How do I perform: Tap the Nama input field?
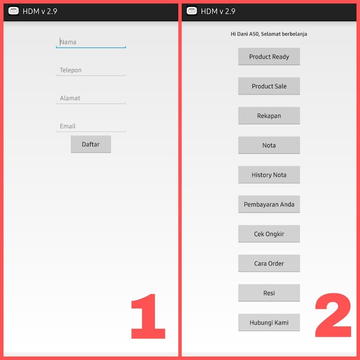[x=91, y=42]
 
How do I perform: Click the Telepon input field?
[x=91, y=70]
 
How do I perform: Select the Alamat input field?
[x=91, y=98]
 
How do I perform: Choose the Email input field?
[x=91, y=126]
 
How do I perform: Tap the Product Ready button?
[x=269, y=57]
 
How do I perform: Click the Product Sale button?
[x=269, y=86]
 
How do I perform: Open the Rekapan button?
[x=269, y=116]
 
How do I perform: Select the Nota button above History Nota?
[x=269, y=145]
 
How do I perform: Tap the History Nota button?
[x=269, y=175]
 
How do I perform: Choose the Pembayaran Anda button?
[x=269, y=204]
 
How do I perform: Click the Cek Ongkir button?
[x=269, y=234]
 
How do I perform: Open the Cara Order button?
[x=269, y=263]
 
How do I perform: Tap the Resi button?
[x=269, y=293]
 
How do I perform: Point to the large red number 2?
[x=333, y=315]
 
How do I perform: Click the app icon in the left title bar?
[x=13, y=11]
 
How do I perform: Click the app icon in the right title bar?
[x=192, y=11]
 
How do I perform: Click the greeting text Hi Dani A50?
[x=244, y=34]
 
